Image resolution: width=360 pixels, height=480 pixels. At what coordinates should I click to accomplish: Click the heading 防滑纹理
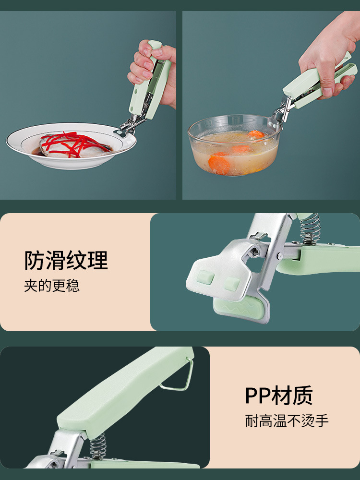click(x=66, y=260)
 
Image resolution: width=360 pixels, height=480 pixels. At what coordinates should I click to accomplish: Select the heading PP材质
click(x=278, y=395)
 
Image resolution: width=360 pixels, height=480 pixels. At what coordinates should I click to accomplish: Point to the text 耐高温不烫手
click(x=287, y=420)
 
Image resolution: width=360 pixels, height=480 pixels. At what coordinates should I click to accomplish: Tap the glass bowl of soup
click(x=235, y=145)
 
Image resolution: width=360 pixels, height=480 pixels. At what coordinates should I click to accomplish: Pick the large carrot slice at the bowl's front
click(x=219, y=165)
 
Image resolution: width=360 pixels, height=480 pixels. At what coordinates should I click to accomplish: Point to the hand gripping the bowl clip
click(x=327, y=55)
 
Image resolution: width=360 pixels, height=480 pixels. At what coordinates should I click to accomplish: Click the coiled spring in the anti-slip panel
click(x=310, y=228)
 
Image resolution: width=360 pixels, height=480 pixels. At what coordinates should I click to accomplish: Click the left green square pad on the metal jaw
click(x=205, y=277)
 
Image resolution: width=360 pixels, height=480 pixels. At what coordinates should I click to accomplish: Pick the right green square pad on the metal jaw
click(x=232, y=284)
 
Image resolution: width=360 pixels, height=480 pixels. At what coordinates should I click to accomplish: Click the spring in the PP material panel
click(x=98, y=446)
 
